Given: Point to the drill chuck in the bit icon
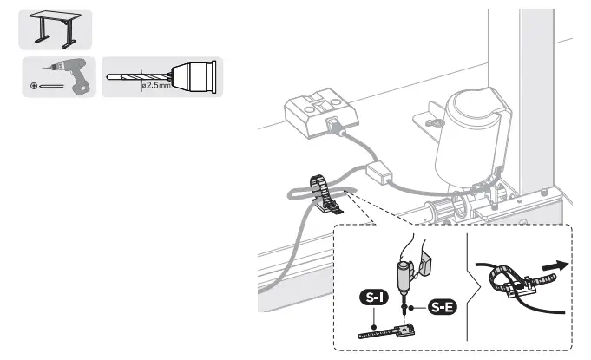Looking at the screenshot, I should (195, 77).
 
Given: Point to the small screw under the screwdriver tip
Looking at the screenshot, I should (403, 310).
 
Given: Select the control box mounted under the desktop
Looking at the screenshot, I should (320, 112).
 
